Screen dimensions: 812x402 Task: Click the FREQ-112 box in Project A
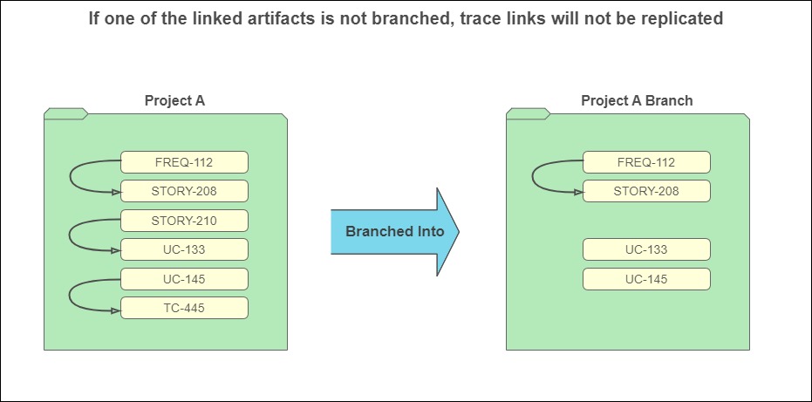(x=184, y=162)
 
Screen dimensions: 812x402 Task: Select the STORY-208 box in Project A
(x=184, y=191)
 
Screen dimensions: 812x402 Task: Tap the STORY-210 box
(x=184, y=221)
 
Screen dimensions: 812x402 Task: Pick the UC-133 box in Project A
(x=184, y=249)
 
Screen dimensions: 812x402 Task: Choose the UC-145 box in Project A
(x=184, y=279)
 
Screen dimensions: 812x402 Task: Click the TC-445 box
(x=184, y=308)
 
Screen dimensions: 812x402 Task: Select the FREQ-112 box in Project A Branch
(x=647, y=162)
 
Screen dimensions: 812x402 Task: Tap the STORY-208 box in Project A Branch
(x=647, y=191)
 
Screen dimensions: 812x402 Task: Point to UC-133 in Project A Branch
(x=647, y=249)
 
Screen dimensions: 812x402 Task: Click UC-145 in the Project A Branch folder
(x=647, y=279)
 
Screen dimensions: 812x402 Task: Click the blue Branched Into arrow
(x=394, y=232)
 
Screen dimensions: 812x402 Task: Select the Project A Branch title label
(x=637, y=100)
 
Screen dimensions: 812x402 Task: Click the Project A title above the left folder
(x=175, y=100)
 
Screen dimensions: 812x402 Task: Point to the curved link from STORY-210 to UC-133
(x=70, y=235)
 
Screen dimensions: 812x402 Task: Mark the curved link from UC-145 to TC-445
(x=70, y=296)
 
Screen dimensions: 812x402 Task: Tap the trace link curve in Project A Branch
(x=532, y=177)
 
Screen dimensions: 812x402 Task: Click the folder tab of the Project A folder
(x=65, y=113)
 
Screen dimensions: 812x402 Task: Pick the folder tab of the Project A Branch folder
(x=529, y=113)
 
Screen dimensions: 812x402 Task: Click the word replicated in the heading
(x=685, y=18)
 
